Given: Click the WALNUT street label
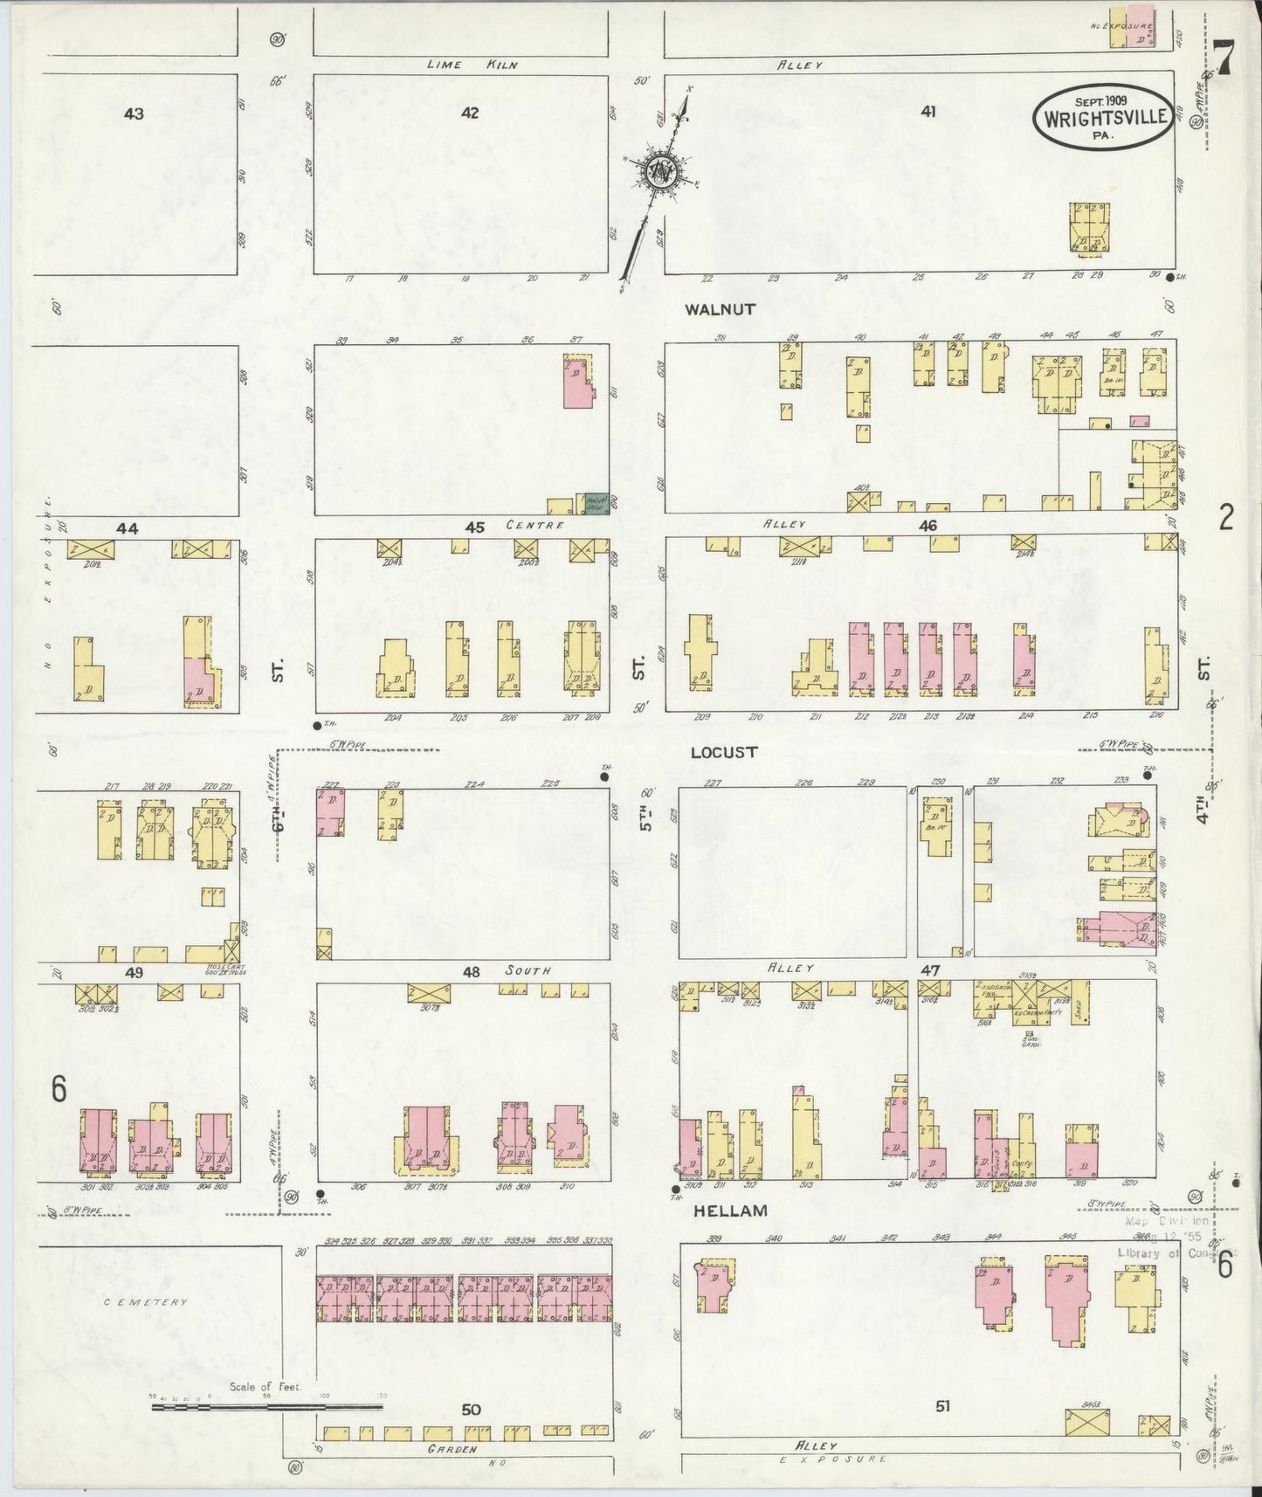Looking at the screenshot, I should pos(721,309).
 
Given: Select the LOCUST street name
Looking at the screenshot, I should pos(724,752).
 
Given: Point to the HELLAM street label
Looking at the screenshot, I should pos(730,1211).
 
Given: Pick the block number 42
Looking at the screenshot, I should pos(471,113).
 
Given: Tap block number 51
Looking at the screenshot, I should pos(942,1406).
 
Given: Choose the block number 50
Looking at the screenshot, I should pos(472,1410).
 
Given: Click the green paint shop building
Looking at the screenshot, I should pos(597,503).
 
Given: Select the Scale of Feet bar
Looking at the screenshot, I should pos(266,1407).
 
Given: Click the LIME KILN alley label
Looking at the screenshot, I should pos(479,65).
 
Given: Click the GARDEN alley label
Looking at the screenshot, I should pos(452,1450).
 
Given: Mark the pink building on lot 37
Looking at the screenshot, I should pos(576,383).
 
